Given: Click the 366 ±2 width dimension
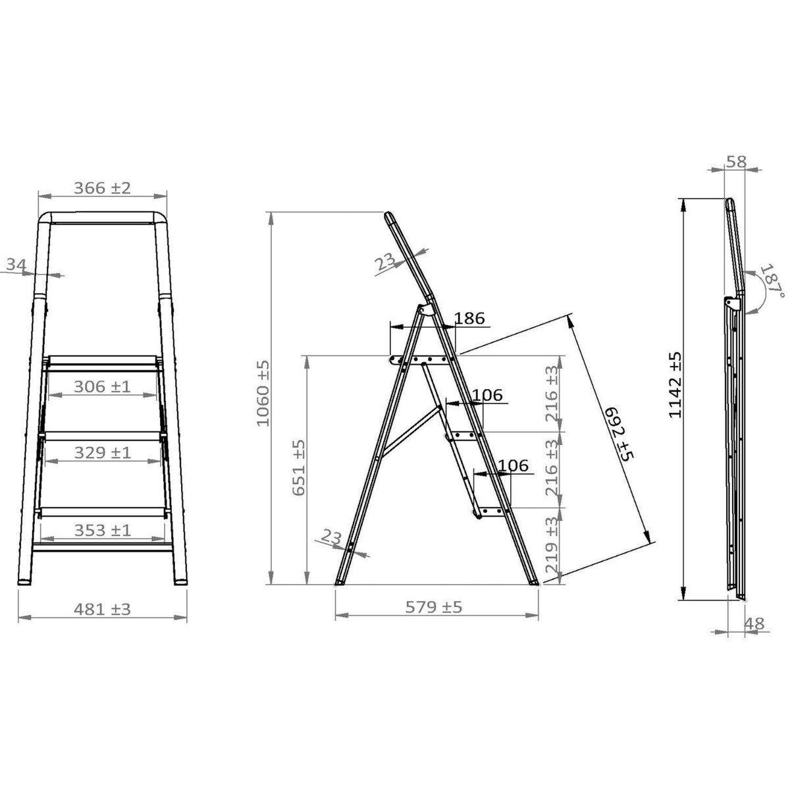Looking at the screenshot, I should click(x=102, y=188).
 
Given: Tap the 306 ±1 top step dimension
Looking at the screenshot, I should click(x=102, y=386).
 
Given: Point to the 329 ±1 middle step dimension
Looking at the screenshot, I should click(x=102, y=452).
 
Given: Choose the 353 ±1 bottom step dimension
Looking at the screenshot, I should click(x=102, y=530).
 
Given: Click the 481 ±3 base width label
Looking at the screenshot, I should click(x=102, y=609).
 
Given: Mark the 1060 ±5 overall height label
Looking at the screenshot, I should click(x=263, y=393).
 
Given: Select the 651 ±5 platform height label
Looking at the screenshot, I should click(x=300, y=467).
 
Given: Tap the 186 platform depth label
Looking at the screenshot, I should click(x=469, y=319).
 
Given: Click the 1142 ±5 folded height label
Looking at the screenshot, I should click(x=674, y=385).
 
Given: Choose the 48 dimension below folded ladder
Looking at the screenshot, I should click(x=756, y=623).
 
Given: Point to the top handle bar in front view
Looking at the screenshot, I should click(x=102, y=217).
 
